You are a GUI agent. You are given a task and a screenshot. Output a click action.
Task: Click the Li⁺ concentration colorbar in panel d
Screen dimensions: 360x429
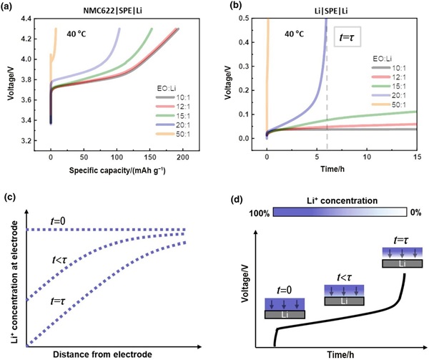coord(340,214)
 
